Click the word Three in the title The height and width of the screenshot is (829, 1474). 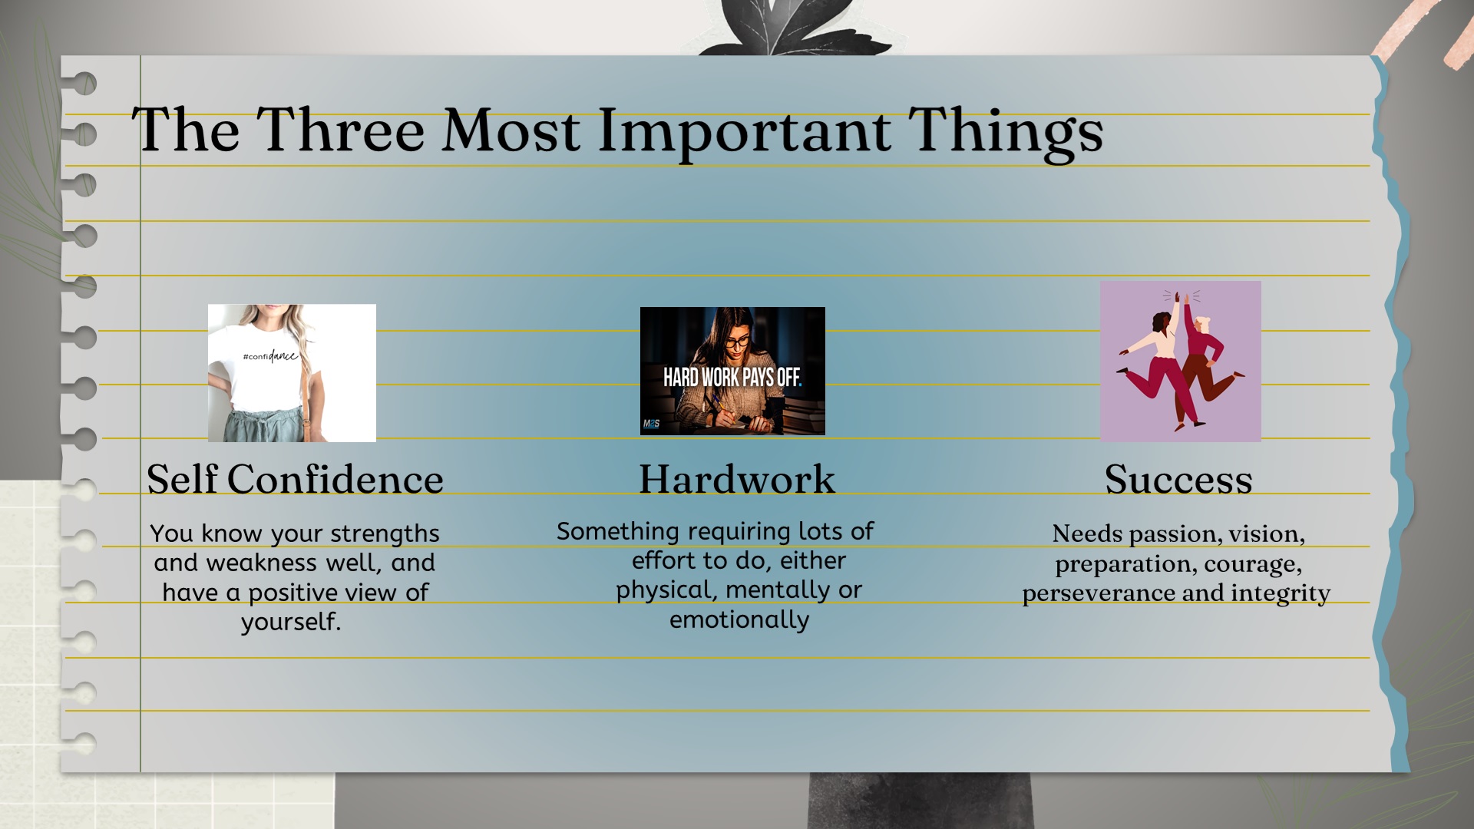340,130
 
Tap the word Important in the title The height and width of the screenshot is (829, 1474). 744,132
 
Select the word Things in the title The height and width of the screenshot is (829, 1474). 1006,132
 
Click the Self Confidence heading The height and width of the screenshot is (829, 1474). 295,479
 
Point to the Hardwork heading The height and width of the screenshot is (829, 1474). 737,479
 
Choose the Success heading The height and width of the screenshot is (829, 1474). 1178,480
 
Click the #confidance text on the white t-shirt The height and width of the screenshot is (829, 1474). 269,356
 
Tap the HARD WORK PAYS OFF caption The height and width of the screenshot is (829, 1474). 732,377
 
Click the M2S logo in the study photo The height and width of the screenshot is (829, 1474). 651,424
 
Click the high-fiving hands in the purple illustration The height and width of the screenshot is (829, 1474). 1182,298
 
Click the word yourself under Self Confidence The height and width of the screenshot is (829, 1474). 291,622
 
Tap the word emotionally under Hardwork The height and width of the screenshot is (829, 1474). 739,620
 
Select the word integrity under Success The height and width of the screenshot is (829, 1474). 1281,594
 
